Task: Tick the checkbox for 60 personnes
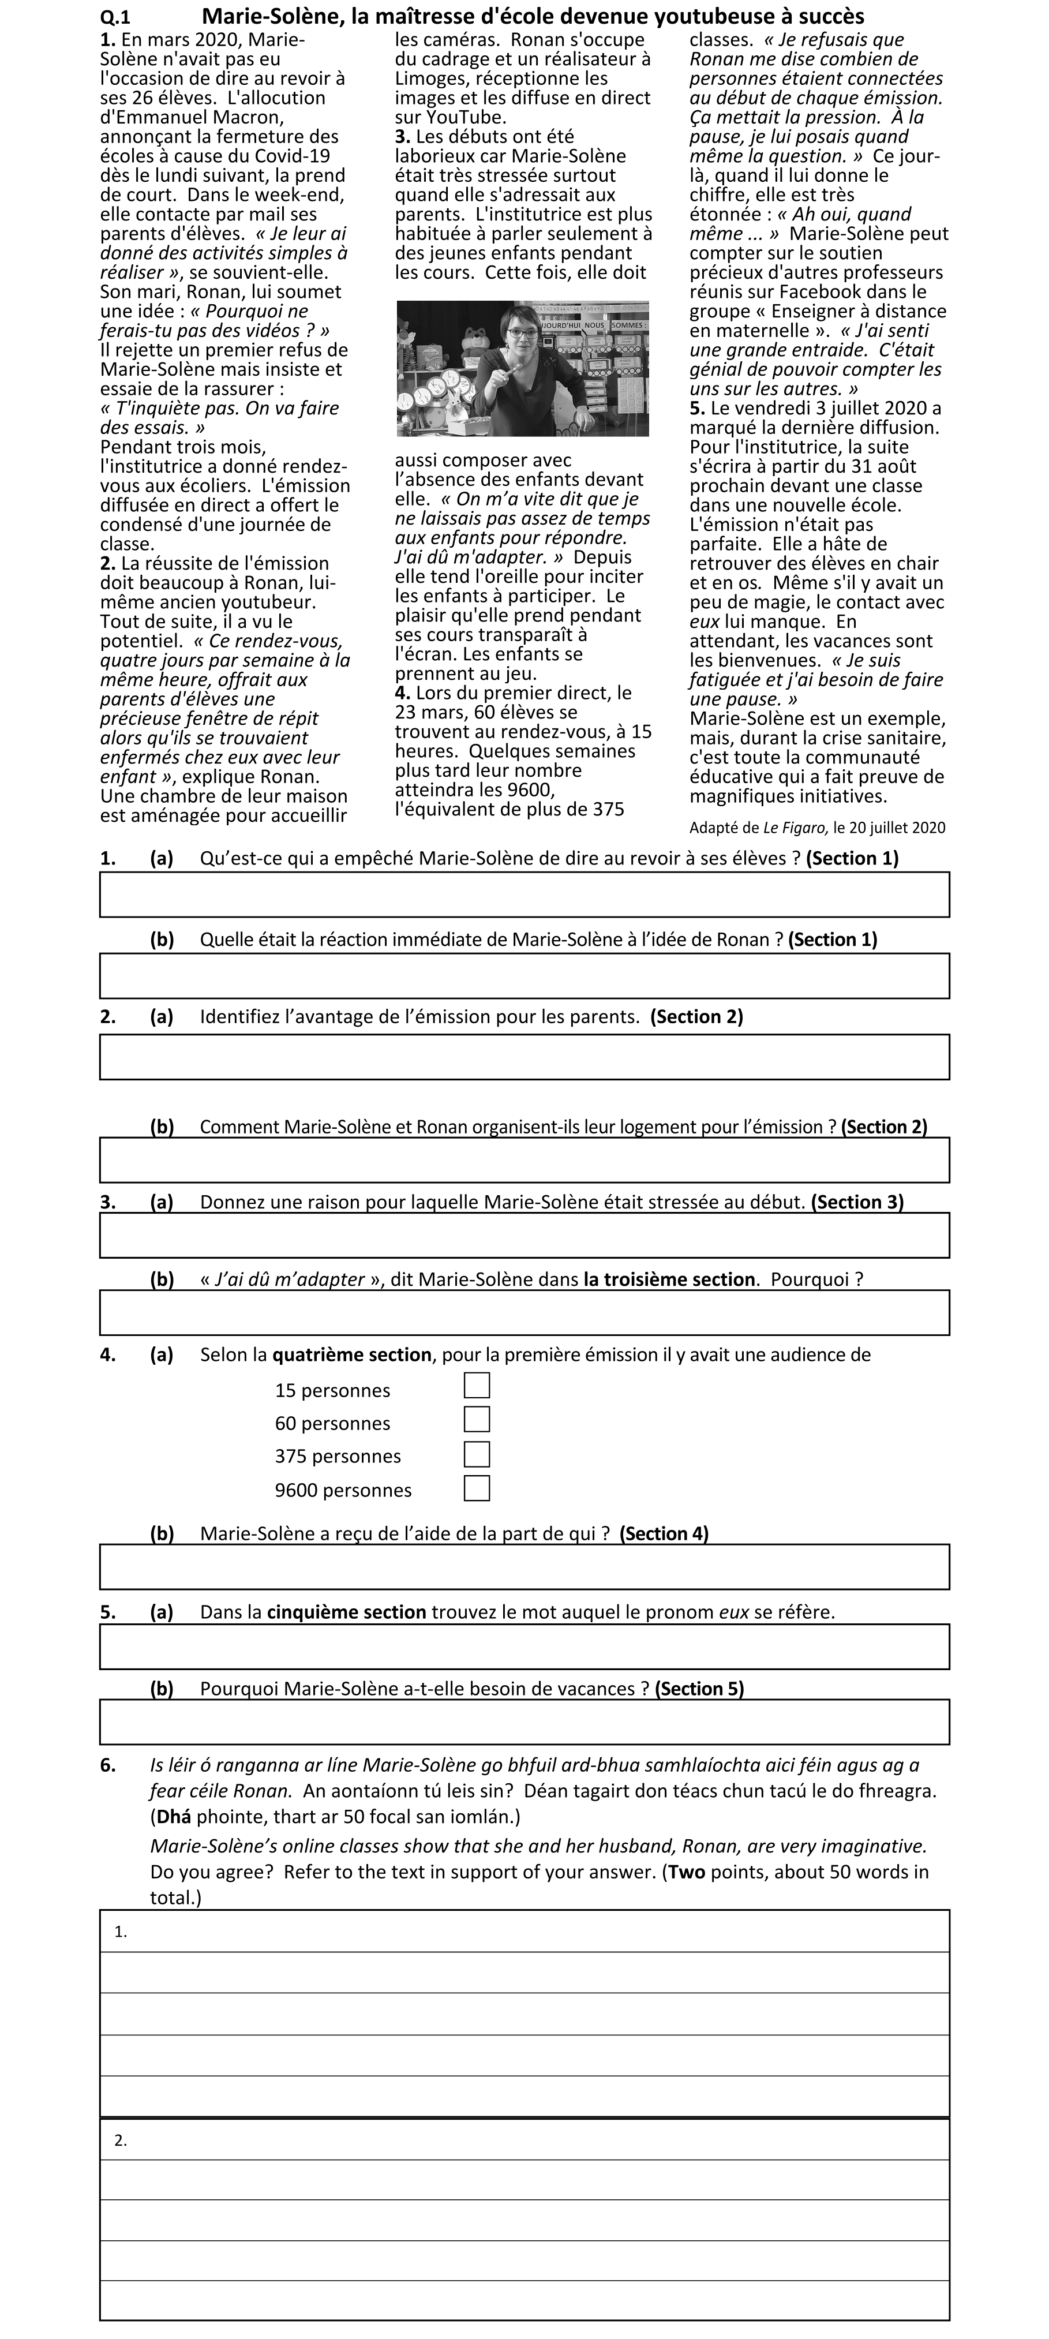click(476, 1419)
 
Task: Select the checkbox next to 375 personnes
click(476, 1454)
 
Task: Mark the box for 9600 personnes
click(476, 1487)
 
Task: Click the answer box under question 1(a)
click(524, 895)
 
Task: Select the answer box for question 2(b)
click(524, 1159)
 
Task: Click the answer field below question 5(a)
click(524, 1646)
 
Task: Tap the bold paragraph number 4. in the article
click(402, 693)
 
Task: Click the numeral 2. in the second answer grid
click(120, 2140)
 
